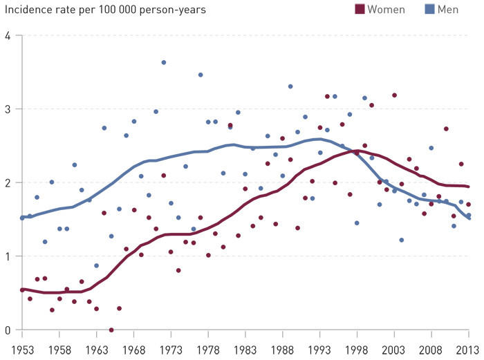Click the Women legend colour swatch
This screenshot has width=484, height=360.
pyautogui.click(x=360, y=9)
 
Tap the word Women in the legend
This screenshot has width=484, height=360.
pyautogui.click(x=387, y=9)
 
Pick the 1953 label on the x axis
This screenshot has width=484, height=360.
pyautogui.click(x=23, y=350)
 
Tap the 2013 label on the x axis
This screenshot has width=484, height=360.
pyautogui.click(x=469, y=350)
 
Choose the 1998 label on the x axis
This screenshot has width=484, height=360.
pyautogui.click(x=357, y=350)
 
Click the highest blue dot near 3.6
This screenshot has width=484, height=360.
pyautogui.click(x=164, y=63)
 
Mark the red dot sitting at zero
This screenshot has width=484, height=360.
pyautogui.click(x=111, y=330)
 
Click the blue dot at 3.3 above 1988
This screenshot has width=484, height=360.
pyautogui.click(x=290, y=86)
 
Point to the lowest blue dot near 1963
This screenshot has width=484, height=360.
pyautogui.click(x=97, y=265)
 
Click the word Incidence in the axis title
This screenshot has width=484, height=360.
pyautogui.click(x=26, y=10)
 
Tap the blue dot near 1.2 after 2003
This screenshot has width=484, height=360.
pyautogui.click(x=402, y=240)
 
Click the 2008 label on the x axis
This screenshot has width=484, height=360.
pyautogui.click(x=432, y=350)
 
